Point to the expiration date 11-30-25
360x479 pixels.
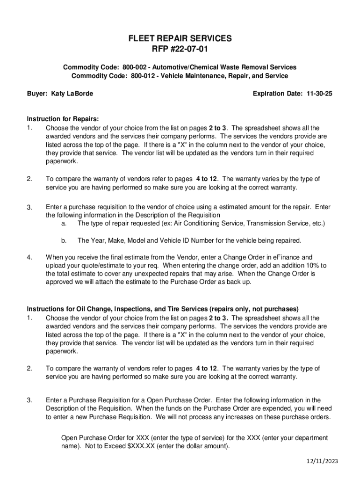click(319, 94)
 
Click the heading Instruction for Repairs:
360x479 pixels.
click(63, 119)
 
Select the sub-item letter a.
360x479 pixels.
click(64, 223)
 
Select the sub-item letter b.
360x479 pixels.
click(64, 240)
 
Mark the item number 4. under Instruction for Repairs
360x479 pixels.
click(29, 257)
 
